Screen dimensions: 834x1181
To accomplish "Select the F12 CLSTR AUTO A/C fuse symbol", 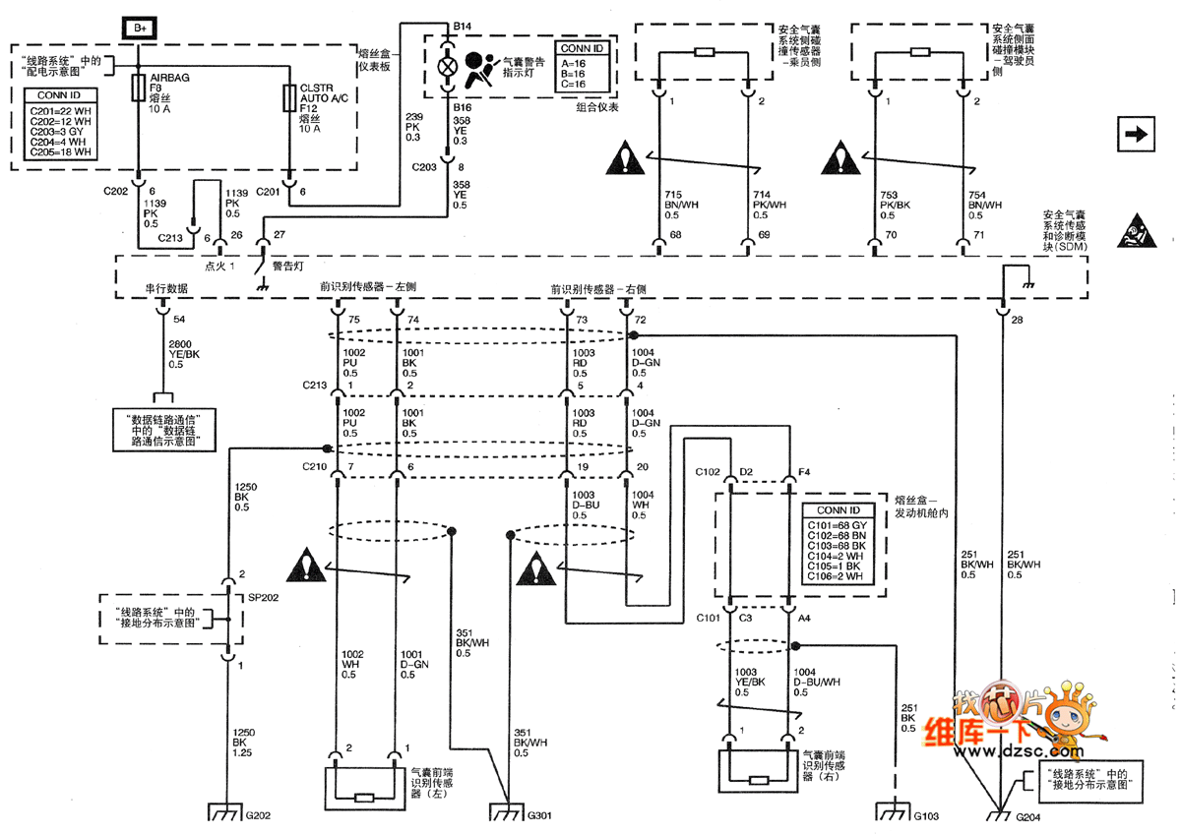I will click(x=289, y=97).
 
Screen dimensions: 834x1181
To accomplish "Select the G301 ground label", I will click(x=540, y=815).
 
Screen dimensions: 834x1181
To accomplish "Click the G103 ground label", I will click(x=927, y=815).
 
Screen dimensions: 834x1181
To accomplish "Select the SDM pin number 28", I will click(x=1017, y=321).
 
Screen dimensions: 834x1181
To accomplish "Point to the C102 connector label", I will click(x=709, y=471).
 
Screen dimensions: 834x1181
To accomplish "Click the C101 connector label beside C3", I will click(x=709, y=619).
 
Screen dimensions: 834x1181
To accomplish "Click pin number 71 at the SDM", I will click(x=977, y=236).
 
